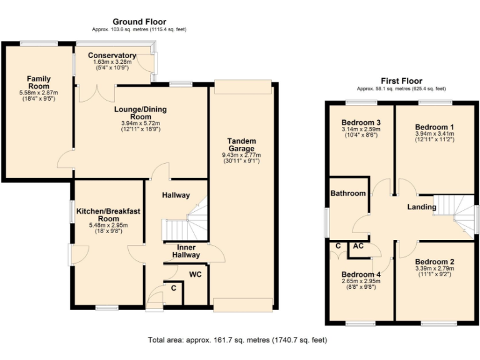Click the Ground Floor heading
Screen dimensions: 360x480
pyautogui.click(x=139, y=21)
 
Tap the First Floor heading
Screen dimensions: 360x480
pyautogui.click(x=401, y=81)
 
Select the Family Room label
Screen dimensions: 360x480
pyautogui.click(x=38, y=82)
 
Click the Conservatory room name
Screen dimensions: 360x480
pyautogui.click(x=112, y=55)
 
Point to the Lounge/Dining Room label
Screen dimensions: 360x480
pyautogui.click(x=140, y=113)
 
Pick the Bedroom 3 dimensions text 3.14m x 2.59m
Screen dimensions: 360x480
pyautogui.click(x=361, y=130)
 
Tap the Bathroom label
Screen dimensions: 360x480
pyautogui.click(x=348, y=193)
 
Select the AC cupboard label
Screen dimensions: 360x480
pyautogui.click(x=358, y=246)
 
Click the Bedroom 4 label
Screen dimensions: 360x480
pyautogui.click(x=361, y=274)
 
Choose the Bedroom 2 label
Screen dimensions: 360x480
pyautogui.click(x=434, y=262)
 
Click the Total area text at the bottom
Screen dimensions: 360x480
pyautogui.click(x=237, y=341)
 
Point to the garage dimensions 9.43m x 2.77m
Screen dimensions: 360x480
pyautogui.click(x=241, y=155)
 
